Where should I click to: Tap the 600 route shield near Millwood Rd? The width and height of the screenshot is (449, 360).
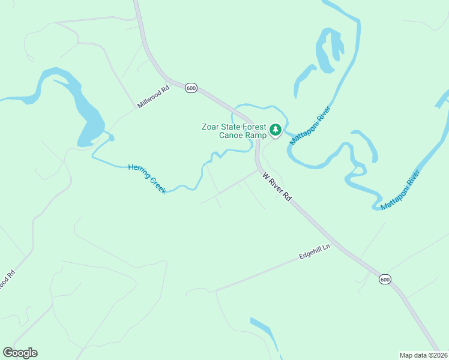click(x=191, y=88)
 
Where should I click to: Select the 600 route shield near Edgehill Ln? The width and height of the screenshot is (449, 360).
click(x=385, y=279)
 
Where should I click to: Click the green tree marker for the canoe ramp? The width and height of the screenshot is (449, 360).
click(x=276, y=130)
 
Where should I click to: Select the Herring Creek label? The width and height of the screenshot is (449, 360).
click(x=147, y=179)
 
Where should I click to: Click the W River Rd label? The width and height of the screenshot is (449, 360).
click(x=277, y=187)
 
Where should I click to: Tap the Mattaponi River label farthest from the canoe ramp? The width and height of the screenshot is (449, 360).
click(x=400, y=190)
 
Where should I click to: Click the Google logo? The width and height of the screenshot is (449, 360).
click(x=20, y=353)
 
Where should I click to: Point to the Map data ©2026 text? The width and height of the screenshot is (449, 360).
click(x=423, y=355)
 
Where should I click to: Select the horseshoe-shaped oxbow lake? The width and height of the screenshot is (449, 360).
click(x=329, y=51)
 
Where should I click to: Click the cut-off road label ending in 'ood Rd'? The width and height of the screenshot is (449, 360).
click(x=5, y=281)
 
